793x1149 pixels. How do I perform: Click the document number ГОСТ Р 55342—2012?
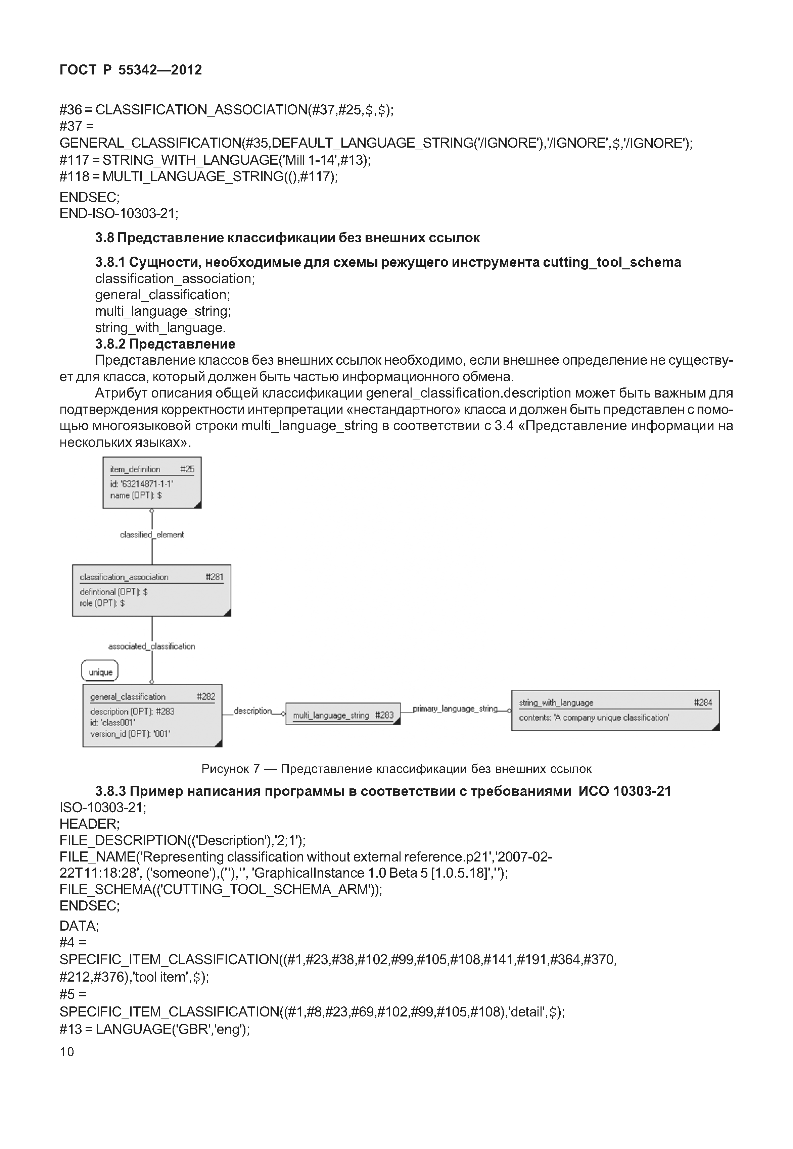tap(131, 70)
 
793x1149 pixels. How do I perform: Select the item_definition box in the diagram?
tap(152, 483)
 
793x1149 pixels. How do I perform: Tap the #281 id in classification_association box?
tap(214, 577)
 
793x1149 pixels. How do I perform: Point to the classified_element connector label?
tap(152, 535)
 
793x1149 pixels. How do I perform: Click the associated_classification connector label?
tap(152, 646)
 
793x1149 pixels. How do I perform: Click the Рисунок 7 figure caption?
tap(396, 769)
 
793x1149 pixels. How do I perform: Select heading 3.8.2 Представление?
tap(165, 344)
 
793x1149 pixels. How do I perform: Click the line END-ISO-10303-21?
tap(119, 213)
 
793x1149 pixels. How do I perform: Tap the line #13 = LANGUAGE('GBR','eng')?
tap(154, 1029)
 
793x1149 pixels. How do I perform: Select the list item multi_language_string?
tap(163, 311)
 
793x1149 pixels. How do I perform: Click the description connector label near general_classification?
tap(252, 711)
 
